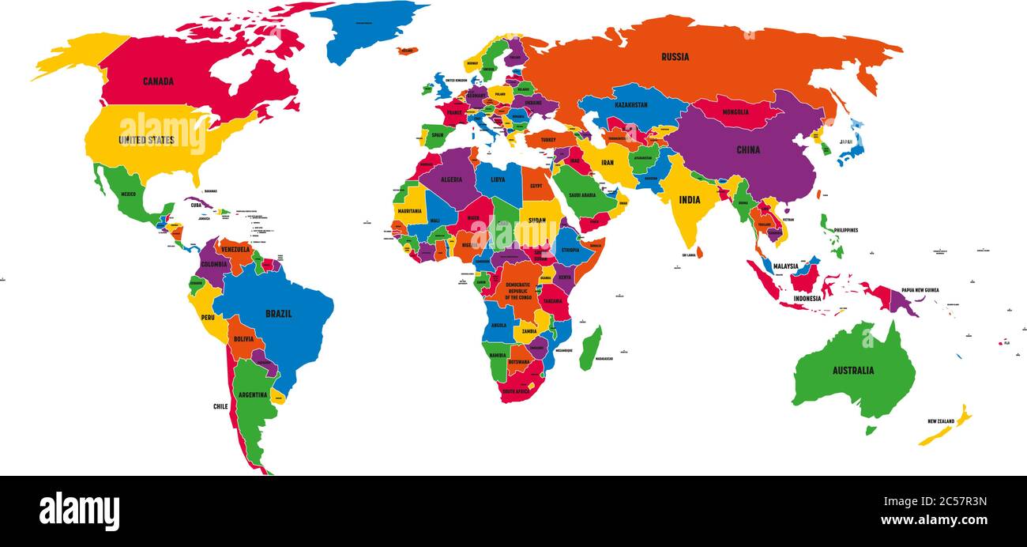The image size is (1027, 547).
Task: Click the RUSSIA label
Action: (675, 57)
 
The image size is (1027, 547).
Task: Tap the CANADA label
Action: (158, 81)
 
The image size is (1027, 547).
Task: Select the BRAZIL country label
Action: (278, 314)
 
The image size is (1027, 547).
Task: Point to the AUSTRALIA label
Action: (852, 371)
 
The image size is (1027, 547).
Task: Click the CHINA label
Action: (747, 150)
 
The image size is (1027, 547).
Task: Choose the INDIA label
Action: (689, 200)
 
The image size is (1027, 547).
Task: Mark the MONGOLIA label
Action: (735, 112)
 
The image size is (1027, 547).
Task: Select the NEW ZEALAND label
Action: (941, 421)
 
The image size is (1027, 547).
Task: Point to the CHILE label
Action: (220, 406)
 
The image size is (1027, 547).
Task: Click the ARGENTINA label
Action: (253, 394)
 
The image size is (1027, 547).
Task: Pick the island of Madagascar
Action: (589, 348)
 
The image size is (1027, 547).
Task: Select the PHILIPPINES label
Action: (845, 230)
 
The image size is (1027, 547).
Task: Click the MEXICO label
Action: (128, 194)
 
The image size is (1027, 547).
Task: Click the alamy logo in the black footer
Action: (79, 511)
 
